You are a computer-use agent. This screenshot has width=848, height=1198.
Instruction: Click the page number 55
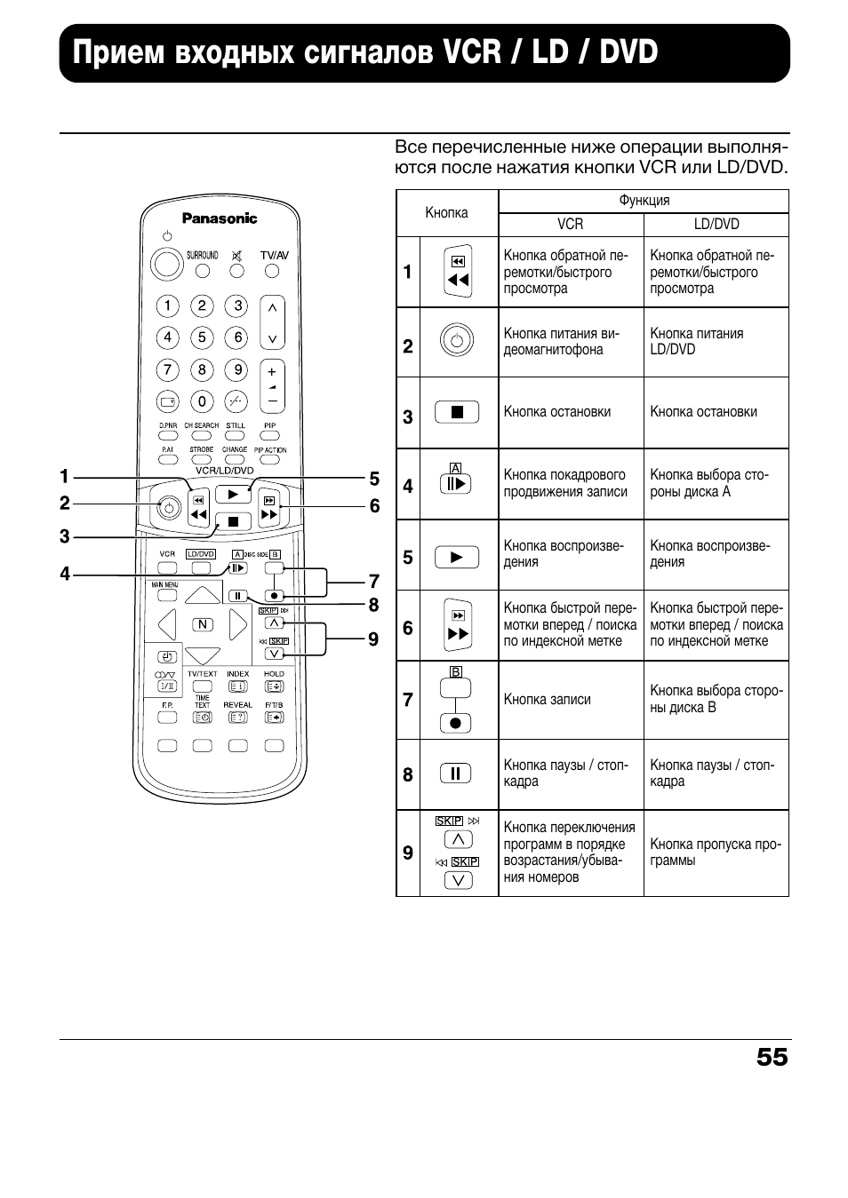tap(772, 1057)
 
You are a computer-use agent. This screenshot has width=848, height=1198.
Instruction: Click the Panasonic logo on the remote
tap(220, 218)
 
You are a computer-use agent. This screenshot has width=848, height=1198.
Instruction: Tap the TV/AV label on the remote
tap(274, 255)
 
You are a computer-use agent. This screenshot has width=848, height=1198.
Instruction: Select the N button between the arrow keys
tap(203, 624)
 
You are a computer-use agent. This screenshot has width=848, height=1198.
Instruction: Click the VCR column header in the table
tap(570, 225)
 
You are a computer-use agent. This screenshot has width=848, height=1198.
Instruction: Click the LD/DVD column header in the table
tap(716, 225)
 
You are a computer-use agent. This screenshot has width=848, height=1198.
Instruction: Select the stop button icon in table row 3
tap(457, 412)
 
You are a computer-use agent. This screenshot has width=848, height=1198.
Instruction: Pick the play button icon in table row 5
tap(457, 557)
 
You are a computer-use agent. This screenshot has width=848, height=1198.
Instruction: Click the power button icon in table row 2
tap(457, 341)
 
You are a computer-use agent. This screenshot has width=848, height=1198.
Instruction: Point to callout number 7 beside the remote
tap(374, 582)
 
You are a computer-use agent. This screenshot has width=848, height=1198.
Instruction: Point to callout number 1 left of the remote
tap(65, 478)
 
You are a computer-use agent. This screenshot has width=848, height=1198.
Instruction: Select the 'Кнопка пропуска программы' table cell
tap(716, 853)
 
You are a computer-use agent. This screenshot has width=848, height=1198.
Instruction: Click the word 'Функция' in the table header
tap(644, 201)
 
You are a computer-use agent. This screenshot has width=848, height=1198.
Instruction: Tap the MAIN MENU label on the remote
tap(165, 585)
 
